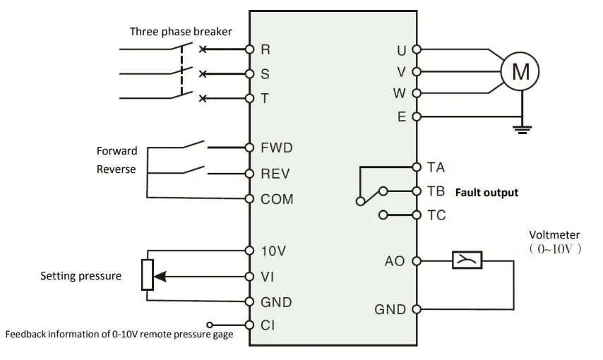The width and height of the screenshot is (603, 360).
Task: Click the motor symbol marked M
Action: pyautogui.click(x=520, y=71)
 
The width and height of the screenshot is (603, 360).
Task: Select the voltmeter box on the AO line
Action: pyautogui.click(x=467, y=260)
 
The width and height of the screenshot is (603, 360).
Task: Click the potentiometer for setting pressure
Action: pyautogui.click(x=147, y=275)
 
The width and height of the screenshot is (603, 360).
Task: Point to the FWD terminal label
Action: pyautogui.click(x=276, y=148)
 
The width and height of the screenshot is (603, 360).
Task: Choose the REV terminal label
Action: pyautogui.click(x=275, y=174)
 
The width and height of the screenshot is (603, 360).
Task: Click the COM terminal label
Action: pyautogui.click(x=277, y=199)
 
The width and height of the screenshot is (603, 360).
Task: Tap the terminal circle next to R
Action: pyautogui.click(x=249, y=49)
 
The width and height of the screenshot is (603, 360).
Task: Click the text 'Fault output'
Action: pyautogui.click(x=486, y=192)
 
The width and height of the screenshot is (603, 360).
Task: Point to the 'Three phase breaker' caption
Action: pyautogui.click(x=181, y=31)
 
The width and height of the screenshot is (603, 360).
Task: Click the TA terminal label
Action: pyautogui.click(x=436, y=167)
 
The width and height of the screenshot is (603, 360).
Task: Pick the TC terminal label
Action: pyautogui.click(x=436, y=215)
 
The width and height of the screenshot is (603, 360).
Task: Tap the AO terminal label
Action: pyautogui.click(x=395, y=261)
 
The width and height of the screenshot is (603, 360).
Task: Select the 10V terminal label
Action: pyautogui.click(x=273, y=251)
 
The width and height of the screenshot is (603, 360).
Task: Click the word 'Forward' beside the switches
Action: pyautogui.click(x=117, y=151)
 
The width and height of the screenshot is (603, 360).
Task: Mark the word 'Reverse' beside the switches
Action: pyautogui.click(x=117, y=169)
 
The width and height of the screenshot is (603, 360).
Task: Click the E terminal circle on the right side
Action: pyautogui.click(x=416, y=116)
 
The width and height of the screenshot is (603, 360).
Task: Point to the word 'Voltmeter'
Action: pyautogui.click(x=554, y=235)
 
